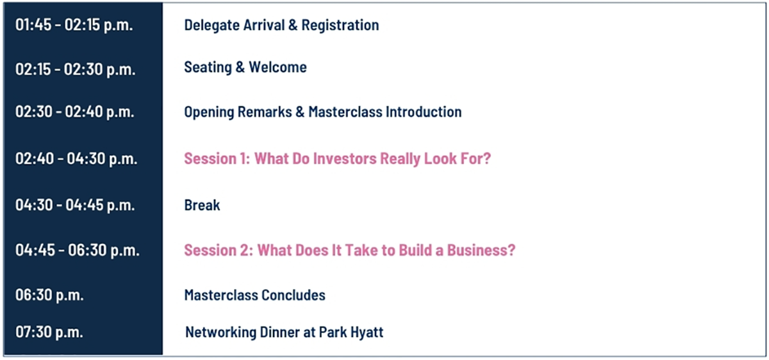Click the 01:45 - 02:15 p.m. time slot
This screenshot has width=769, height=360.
pos(74,26)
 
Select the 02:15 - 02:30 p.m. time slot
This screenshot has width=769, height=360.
pos(75,70)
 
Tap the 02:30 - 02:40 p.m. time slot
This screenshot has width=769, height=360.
pos(74,112)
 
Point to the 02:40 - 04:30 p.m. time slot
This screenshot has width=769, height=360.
pos(76,160)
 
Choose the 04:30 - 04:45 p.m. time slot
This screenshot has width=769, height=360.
pos(75,206)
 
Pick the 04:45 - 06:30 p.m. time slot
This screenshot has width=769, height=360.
pos(78,250)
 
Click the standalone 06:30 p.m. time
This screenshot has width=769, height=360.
pos(49,295)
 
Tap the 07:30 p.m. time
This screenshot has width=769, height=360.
pos(49,332)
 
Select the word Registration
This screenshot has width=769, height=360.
pos(340,26)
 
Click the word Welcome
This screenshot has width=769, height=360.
pos(277,67)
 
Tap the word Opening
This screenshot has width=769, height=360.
pos(209,113)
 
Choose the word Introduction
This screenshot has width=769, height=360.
pos(424,112)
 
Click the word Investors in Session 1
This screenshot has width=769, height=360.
pos(345,159)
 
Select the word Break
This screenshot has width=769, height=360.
pos(203,206)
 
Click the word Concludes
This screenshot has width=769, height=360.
pos(294,295)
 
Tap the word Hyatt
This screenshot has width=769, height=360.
pos(368,333)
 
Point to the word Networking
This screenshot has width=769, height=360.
pos(220,333)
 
